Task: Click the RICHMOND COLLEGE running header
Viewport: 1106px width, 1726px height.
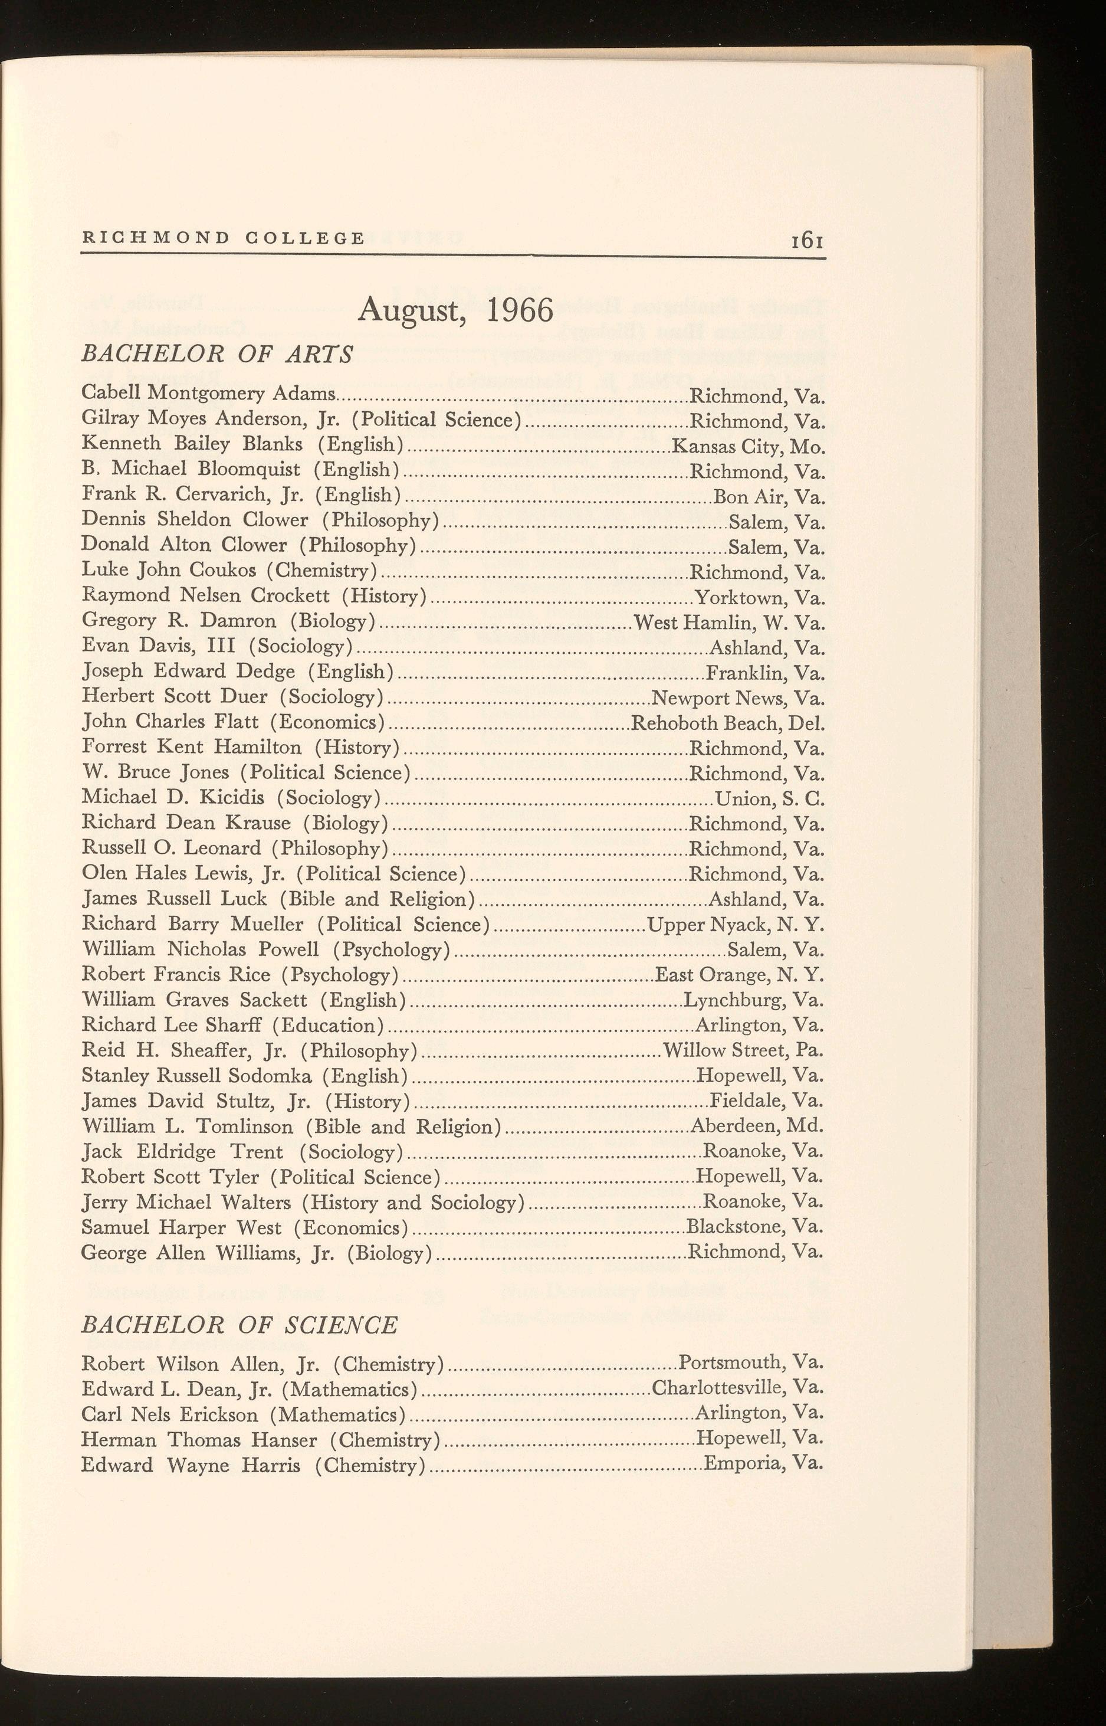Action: (x=224, y=238)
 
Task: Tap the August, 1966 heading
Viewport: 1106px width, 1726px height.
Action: (x=456, y=310)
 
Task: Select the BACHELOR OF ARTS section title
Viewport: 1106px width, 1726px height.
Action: (x=218, y=354)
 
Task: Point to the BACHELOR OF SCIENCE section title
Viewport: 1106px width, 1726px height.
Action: (x=239, y=1325)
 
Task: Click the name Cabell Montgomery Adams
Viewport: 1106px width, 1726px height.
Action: (x=208, y=394)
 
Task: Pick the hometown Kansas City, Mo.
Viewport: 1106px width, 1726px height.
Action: (x=747, y=447)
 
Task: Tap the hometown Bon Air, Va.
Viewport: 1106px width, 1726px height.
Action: (x=769, y=497)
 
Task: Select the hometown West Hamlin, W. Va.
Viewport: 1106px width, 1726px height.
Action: (x=729, y=622)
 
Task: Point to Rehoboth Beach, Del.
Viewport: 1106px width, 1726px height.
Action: (x=727, y=723)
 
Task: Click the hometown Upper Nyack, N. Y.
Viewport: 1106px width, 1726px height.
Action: (x=736, y=925)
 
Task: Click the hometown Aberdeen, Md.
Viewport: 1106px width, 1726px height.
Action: (x=756, y=1126)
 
